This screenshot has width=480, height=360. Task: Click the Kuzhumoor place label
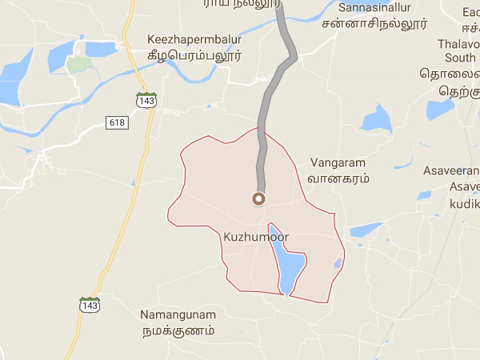256,238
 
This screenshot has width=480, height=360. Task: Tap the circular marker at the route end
258,198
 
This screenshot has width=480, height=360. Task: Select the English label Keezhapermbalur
194,39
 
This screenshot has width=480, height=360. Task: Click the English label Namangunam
178,314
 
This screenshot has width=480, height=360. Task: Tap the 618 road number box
116,121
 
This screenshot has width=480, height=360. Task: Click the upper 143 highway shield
146,101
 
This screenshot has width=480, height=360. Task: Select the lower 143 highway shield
90,305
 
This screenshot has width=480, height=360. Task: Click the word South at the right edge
459,58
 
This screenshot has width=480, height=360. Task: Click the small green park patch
78,65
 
